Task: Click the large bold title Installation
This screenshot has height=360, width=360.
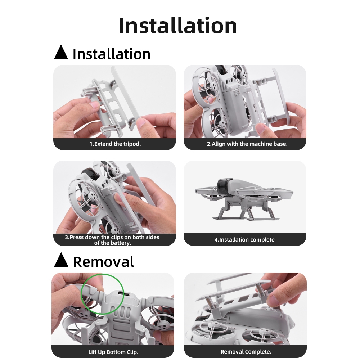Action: (x=177, y=26)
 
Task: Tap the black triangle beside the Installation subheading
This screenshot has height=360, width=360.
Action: (x=61, y=53)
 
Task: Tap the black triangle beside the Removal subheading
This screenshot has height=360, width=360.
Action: (x=61, y=260)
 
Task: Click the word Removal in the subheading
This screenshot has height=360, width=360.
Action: (x=103, y=262)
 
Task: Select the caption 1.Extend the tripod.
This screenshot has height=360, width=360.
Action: (x=115, y=144)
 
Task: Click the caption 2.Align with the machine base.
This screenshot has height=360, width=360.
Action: (x=247, y=144)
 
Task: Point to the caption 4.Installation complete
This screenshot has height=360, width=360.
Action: (x=244, y=240)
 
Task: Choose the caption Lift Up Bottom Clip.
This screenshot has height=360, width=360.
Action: (x=113, y=352)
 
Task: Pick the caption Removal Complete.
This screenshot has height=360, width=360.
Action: (x=246, y=352)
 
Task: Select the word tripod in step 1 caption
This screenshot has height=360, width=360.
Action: (x=131, y=144)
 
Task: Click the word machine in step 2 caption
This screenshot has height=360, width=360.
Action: (x=257, y=144)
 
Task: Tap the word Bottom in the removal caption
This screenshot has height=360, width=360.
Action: (x=116, y=352)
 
